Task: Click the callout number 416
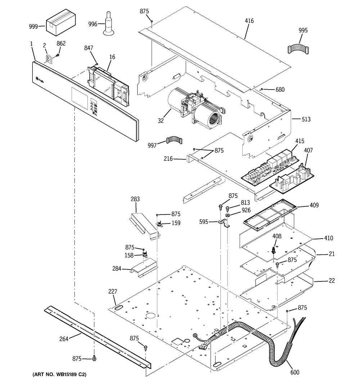[249, 21]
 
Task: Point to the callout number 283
[135, 199]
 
